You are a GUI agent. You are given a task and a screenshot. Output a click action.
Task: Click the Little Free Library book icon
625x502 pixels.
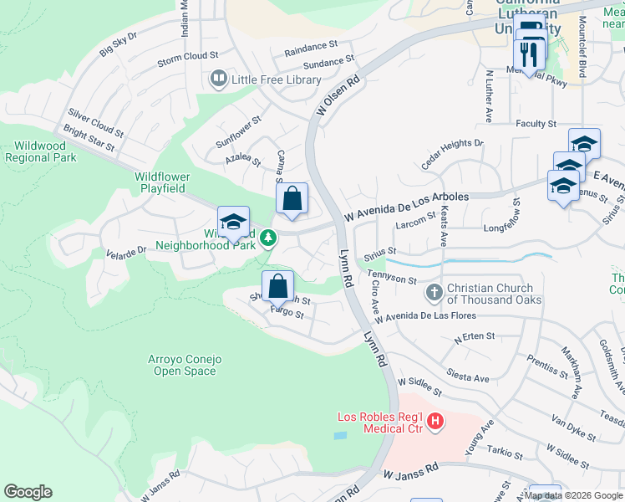[x=219, y=79]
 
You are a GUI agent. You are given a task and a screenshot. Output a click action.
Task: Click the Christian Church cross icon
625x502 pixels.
[x=434, y=293]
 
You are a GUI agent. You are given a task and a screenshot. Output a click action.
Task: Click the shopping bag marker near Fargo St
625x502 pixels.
[x=277, y=287]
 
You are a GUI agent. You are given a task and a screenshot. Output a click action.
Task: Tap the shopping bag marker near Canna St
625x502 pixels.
[x=292, y=199]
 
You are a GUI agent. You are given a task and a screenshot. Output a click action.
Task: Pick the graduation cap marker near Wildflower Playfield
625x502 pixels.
[x=234, y=222]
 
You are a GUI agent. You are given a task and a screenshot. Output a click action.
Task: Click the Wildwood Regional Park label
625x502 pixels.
[x=40, y=151]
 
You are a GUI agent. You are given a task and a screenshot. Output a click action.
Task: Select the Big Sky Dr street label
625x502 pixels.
[x=118, y=49]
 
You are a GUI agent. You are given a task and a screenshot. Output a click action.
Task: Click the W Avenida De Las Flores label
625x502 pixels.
[x=424, y=317]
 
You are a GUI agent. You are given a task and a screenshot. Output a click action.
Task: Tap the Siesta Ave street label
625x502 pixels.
[x=468, y=377]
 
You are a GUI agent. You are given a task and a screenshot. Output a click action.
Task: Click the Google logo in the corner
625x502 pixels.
[x=28, y=492]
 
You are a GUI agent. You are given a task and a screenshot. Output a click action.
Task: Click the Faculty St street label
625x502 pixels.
[x=536, y=124]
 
